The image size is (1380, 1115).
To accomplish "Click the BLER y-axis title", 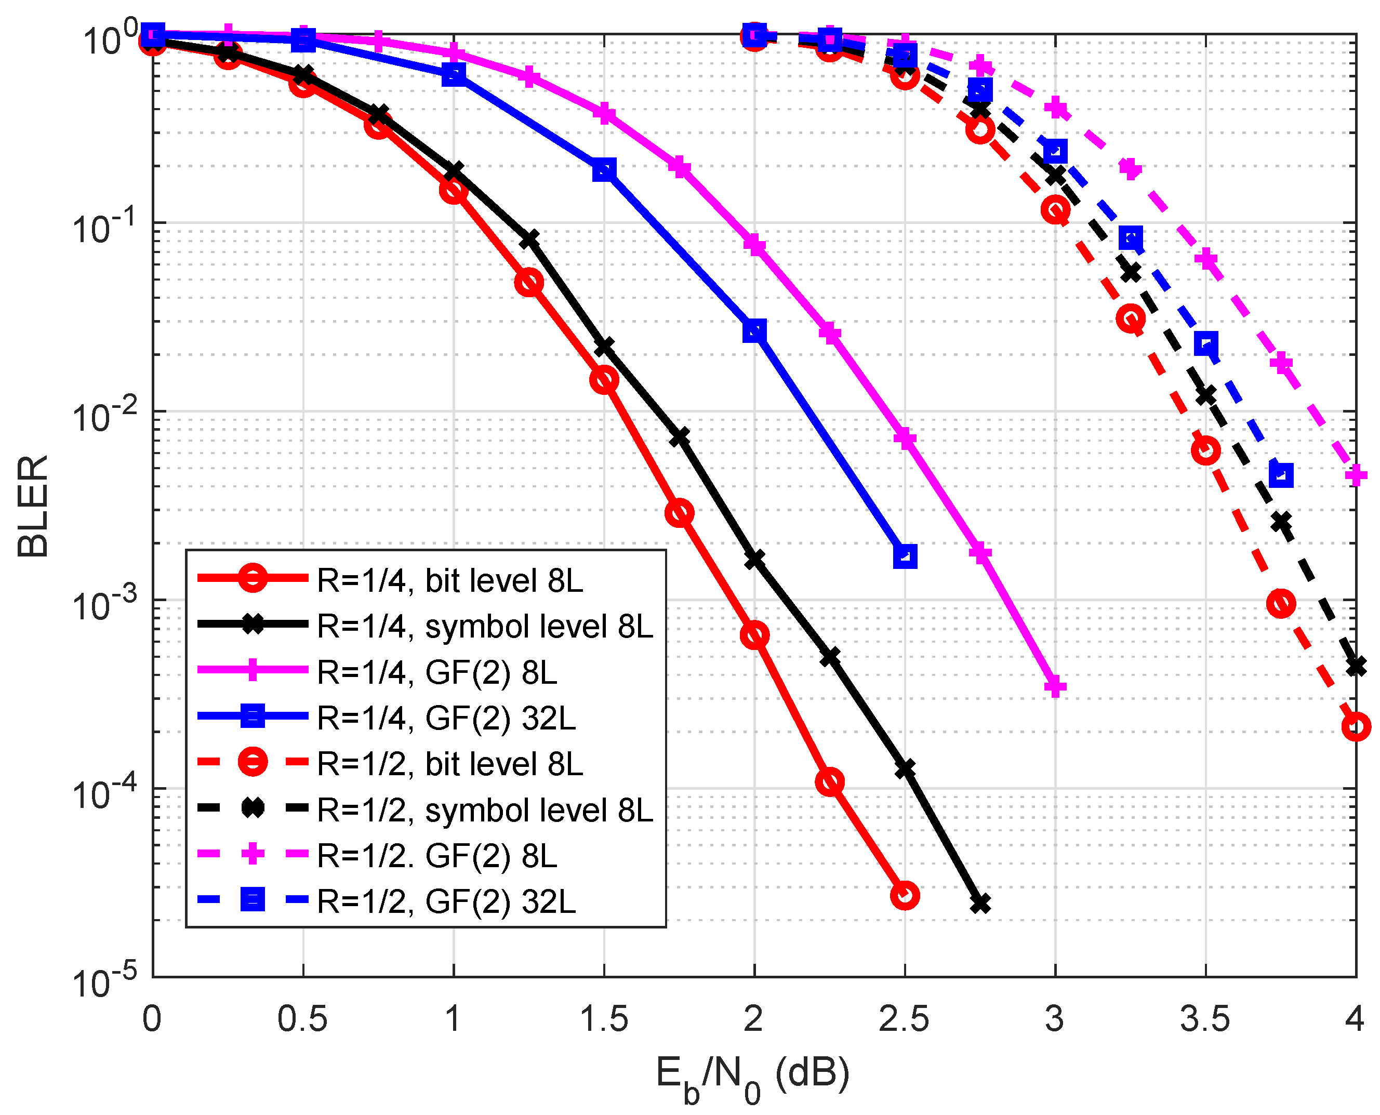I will click(x=33, y=506).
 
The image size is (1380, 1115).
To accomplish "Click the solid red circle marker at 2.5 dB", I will click(x=905, y=895).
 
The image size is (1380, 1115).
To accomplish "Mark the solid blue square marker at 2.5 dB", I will click(x=905, y=556).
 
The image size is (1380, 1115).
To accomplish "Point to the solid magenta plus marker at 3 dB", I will click(x=1055, y=686).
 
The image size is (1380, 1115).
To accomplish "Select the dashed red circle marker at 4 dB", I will click(x=1356, y=726).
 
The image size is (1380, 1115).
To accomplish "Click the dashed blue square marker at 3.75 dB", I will click(x=1280, y=475).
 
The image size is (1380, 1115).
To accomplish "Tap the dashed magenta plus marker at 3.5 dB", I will click(x=1206, y=259).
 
